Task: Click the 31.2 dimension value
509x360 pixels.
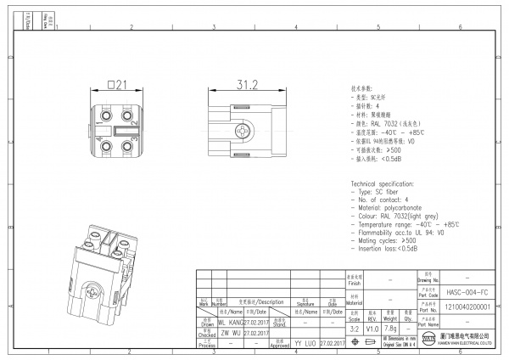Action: click(247, 85)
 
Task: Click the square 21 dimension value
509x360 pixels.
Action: click(117, 85)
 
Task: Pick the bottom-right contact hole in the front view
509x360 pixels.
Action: click(128, 148)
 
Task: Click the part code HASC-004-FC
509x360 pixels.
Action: click(467, 290)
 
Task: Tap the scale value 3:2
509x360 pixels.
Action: click(355, 327)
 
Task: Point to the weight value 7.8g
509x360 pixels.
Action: click(391, 327)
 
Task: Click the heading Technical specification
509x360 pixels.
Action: click(390, 183)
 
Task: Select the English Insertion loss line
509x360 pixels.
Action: click(389, 249)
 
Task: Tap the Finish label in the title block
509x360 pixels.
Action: click(355, 278)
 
